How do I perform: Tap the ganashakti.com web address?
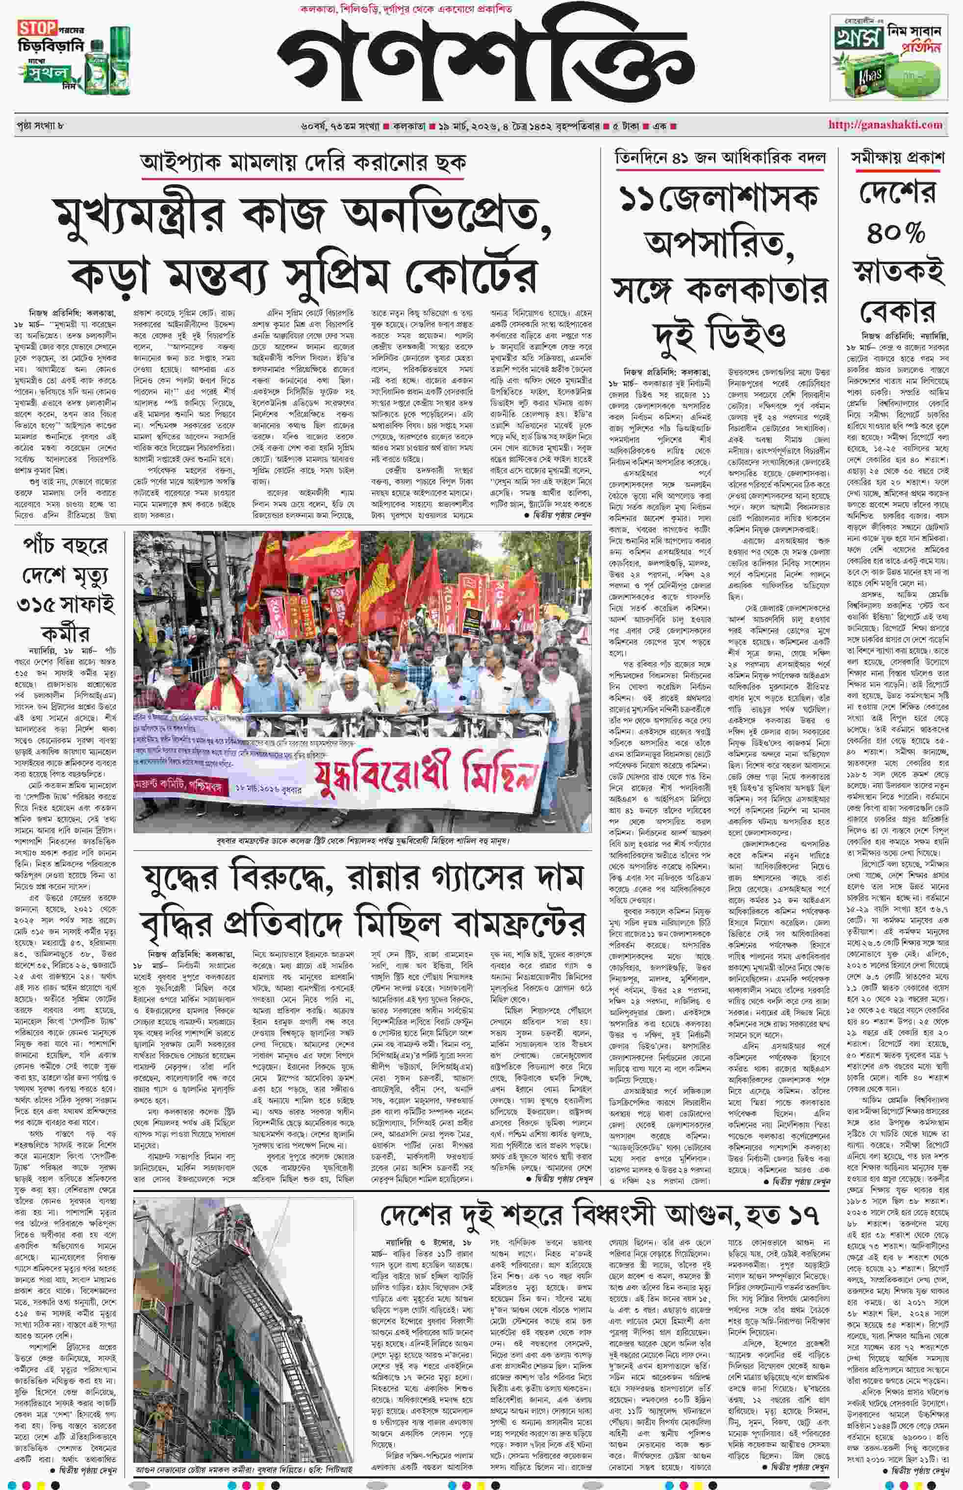(885, 125)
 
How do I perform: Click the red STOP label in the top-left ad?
(37, 28)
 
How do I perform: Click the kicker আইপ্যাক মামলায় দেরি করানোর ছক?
(304, 163)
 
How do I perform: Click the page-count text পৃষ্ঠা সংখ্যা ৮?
(41, 125)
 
